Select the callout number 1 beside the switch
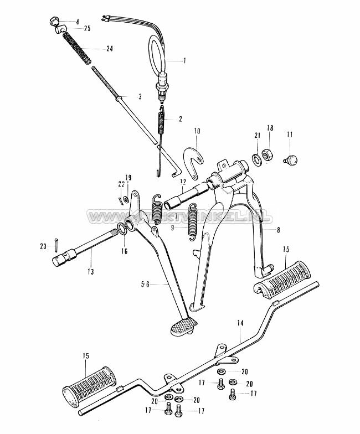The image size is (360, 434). (185, 60)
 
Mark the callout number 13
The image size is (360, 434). (90, 271)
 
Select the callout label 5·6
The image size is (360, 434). (145, 285)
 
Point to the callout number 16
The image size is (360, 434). (124, 251)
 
